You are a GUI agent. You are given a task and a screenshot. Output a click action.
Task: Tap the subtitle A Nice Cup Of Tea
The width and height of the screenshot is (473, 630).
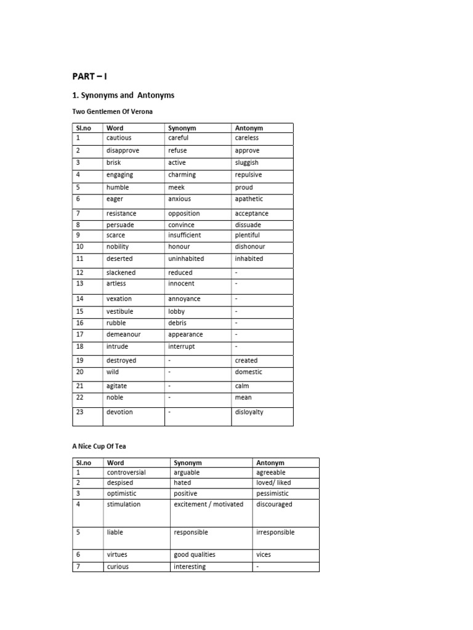pyautogui.click(x=99, y=447)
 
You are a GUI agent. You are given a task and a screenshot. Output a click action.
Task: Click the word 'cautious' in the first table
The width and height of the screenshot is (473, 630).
pyautogui.click(x=119, y=138)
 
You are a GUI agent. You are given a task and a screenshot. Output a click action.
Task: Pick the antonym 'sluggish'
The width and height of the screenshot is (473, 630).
pyautogui.click(x=246, y=162)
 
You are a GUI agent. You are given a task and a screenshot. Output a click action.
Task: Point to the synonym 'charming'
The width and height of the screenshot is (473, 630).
pyautogui.click(x=182, y=175)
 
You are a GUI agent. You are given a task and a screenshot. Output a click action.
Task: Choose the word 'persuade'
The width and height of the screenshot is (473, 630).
pyautogui.click(x=120, y=225)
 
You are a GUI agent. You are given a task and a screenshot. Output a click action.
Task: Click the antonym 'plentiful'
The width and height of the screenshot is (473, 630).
pyautogui.click(x=247, y=235)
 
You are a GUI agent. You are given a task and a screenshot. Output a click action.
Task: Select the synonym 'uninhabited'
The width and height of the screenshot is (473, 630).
pyautogui.click(x=186, y=258)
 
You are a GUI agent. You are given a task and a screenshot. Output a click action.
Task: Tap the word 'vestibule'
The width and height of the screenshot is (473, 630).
pyautogui.click(x=119, y=311)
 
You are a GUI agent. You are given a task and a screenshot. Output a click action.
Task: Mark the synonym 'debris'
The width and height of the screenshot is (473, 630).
pyautogui.click(x=177, y=322)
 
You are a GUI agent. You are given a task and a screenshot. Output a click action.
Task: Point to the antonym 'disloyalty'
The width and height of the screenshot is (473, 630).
pyautogui.click(x=249, y=412)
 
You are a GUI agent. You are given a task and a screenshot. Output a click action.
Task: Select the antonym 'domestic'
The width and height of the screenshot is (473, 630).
pyautogui.click(x=248, y=372)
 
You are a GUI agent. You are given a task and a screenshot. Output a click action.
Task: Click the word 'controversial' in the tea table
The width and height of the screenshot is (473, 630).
pyautogui.click(x=126, y=472)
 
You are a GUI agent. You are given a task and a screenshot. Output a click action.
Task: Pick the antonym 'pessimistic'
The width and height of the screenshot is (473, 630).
pyautogui.click(x=272, y=493)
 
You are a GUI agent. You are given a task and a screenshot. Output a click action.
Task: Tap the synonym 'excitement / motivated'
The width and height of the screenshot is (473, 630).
pyautogui.click(x=209, y=504)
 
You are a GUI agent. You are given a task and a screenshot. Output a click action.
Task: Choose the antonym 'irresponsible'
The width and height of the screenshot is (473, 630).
pyautogui.click(x=275, y=532)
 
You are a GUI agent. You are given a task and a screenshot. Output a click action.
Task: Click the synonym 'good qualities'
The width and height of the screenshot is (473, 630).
pyautogui.click(x=195, y=554)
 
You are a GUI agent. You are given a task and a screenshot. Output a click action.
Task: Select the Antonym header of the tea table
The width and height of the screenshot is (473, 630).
pyautogui.click(x=270, y=463)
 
